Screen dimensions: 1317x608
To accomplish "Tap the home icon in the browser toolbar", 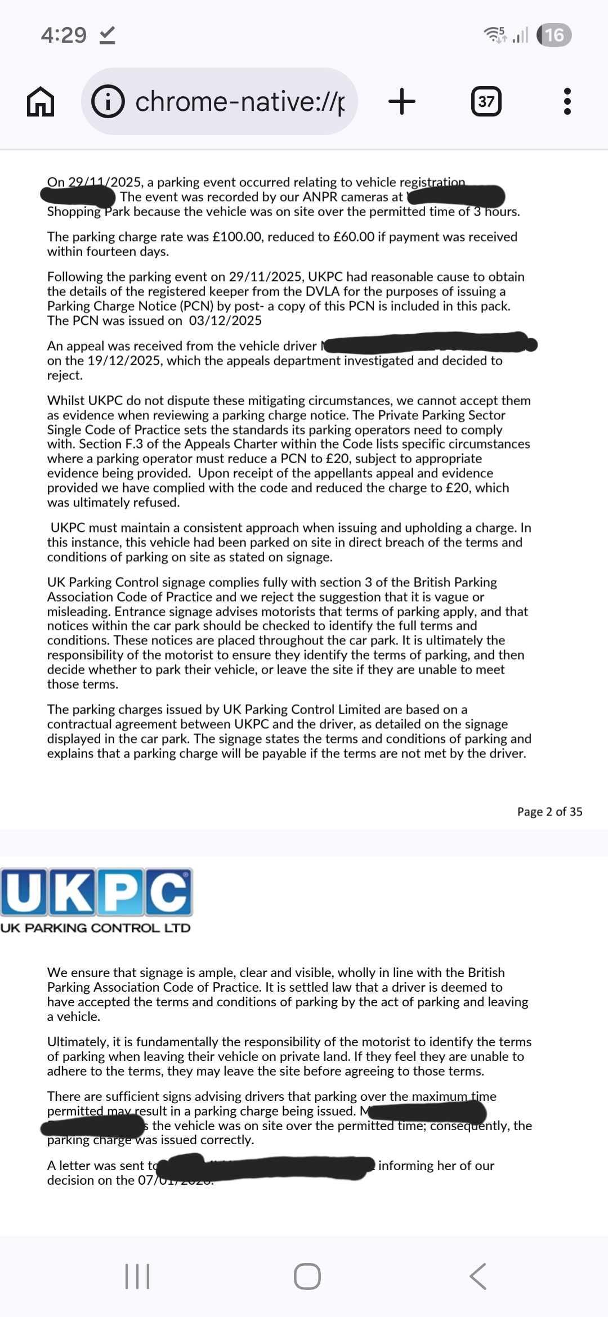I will click(41, 102).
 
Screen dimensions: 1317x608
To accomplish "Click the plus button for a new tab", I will click(402, 102).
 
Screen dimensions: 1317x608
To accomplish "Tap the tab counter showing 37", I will click(486, 102).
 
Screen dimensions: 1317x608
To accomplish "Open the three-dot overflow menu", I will click(567, 102).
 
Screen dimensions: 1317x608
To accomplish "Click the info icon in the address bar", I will click(108, 102).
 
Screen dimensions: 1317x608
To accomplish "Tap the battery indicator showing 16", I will click(554, 35).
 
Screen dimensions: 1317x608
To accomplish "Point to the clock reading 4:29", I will click(64, 35).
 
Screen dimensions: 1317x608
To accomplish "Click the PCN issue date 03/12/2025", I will click(225, 321).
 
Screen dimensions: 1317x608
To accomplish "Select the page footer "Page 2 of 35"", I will click(549, 812).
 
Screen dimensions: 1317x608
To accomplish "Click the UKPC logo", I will click(96, 892).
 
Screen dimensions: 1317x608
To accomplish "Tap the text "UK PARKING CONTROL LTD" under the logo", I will click(96, 928).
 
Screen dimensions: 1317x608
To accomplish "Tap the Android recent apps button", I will click(137, 1276).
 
